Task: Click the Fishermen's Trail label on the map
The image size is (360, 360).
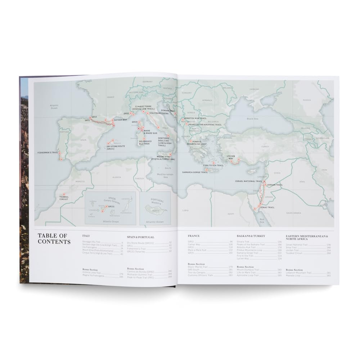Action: (x=48, y=153)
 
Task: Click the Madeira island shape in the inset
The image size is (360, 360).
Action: (x=151, y=208)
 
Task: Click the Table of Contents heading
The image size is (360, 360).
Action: (x=54, y=238)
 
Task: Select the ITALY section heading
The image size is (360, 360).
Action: (x=86, y=235)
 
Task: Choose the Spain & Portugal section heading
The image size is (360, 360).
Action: (x=141, y=237)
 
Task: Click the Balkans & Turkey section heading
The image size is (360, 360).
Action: (x=251, y=235)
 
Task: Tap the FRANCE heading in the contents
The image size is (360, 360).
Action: (x=194, y=235)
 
